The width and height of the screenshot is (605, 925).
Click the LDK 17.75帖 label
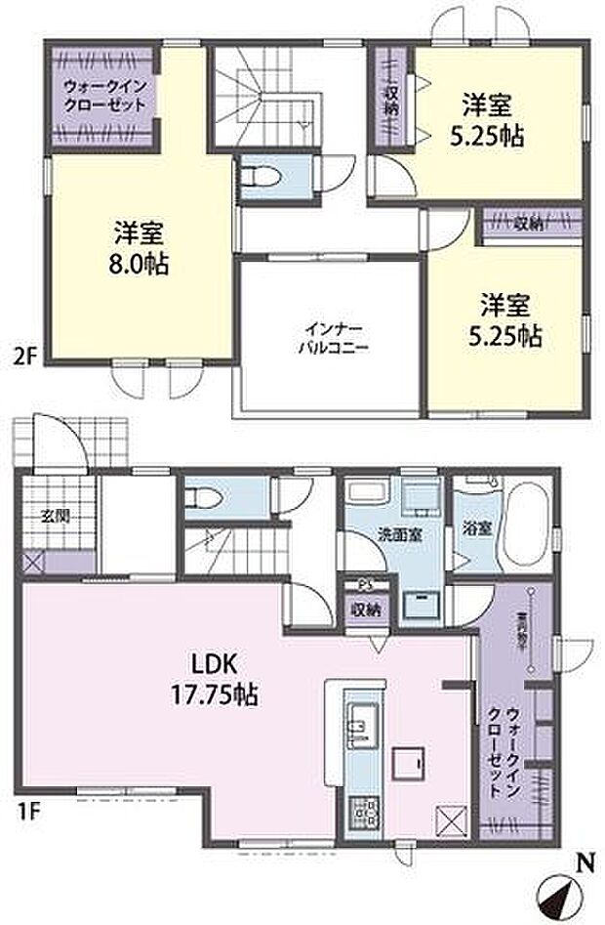[223, 680]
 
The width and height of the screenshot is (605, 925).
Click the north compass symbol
[558, 891]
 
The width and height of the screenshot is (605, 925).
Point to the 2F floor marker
[25, 355]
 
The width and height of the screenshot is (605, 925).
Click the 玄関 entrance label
[55, 518]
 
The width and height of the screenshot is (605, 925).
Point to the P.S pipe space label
[366, 585]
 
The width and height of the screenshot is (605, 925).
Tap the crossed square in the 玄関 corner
[32, 562]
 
